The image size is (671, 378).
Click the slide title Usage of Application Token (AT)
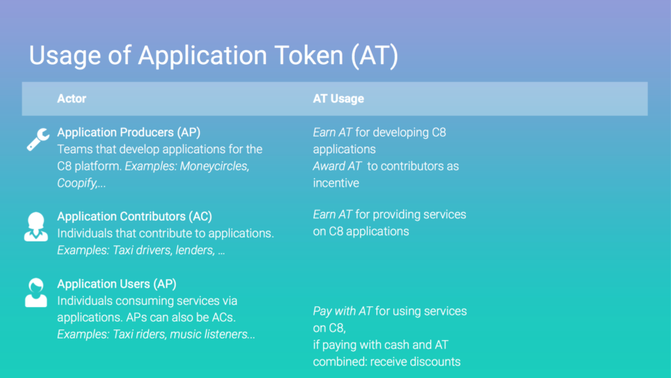[x=214, y=56]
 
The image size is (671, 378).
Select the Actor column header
[x=72, y=99]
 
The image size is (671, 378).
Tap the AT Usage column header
[x=338, y=99]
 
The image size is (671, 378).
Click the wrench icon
[x=38, y=140]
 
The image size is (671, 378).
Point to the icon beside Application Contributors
[x=36, y=227]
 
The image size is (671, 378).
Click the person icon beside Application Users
[x=36, y=293]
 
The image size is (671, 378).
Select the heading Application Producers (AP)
[x=128, y=132]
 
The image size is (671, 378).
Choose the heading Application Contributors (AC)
[x=134, y=217]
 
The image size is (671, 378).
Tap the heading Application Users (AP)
[x=116, y=284]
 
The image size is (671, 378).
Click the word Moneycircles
[x=214, y=166]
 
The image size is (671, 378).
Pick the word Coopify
[x=77, y=184]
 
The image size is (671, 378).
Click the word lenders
[x=194, y=250]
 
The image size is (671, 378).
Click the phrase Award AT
[x=337, y=166]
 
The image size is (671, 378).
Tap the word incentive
[x=336, y=184]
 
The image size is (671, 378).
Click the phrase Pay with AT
[x=342, y=311]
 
